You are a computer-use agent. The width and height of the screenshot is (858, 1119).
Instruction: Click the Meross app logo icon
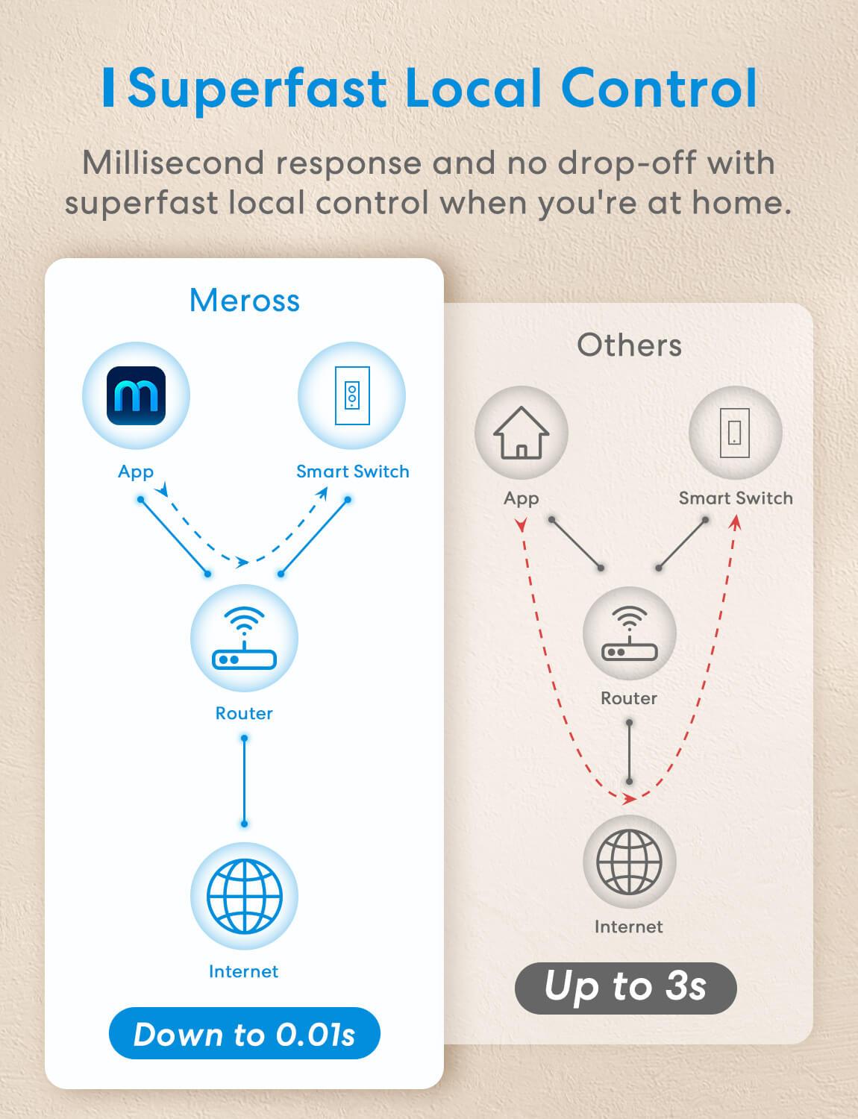pos(136,395)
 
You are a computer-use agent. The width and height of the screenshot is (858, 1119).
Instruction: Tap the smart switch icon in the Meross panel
pos(352,395)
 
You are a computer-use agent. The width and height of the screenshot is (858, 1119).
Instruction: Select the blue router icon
pos(244,639)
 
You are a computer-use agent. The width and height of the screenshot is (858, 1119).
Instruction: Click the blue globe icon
pos(244,897)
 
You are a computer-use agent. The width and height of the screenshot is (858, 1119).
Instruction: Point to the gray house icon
pos(522,433)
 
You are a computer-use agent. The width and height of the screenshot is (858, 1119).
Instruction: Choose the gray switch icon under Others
pos(735,433)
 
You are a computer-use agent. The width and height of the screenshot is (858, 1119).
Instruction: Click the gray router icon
pos(630,633)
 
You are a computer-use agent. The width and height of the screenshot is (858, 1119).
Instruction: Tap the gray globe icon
pos(629,862)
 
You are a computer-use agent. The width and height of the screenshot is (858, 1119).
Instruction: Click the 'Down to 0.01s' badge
pos(245,1033)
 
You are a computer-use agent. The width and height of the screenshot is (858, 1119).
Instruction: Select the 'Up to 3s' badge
pos(626,988)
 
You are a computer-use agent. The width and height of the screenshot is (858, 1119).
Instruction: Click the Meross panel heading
pos(245,300)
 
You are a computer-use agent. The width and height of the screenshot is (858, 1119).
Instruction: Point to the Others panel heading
pos(630,345)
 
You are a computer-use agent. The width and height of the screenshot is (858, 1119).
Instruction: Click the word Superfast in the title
pos(257,90)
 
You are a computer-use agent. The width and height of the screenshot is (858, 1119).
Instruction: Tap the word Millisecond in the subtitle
pos(174,163)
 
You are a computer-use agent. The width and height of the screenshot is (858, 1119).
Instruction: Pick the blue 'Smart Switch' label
pos(353,471)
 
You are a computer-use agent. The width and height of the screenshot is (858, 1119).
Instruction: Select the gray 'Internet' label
pos(629,927)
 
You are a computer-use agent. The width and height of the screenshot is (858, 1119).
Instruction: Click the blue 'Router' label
pos(244,713)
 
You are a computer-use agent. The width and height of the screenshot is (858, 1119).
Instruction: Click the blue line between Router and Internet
pos(244,781)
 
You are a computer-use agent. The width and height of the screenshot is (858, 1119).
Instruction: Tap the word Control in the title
pos(659,88)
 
